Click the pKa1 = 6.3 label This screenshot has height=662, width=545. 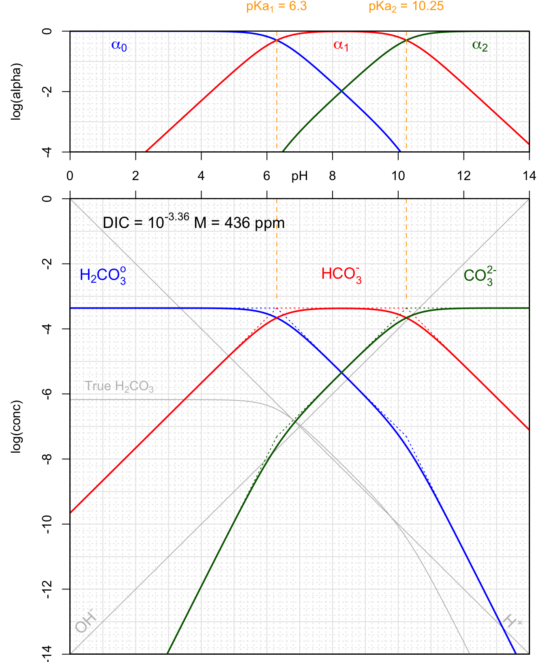click(276, 6)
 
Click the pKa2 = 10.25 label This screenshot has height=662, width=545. click(406, 6)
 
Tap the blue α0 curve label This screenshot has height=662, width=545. click(119, 45)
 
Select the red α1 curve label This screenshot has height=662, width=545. click(341, 45)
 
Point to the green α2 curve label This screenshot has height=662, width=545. click(480, 45)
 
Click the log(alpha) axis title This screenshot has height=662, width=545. click(16, 91)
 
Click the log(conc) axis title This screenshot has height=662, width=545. click(16, 426)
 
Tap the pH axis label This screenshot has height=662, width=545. click(299, 176)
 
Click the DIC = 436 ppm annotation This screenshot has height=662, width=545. click(193, 223)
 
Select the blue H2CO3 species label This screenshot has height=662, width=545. click(103, 275)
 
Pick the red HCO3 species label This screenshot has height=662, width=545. click(341, 275)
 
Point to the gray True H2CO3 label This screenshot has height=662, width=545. click(119, 387)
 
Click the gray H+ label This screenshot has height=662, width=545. click(512, 621)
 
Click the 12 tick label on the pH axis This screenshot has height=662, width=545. click(463, 176)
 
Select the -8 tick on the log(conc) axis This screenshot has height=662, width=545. click(48, 459)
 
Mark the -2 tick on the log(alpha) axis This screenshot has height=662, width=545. click(48, 92)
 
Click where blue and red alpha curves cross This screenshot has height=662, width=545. click(277, 40)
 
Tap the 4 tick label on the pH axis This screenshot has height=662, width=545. click(201, 176)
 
